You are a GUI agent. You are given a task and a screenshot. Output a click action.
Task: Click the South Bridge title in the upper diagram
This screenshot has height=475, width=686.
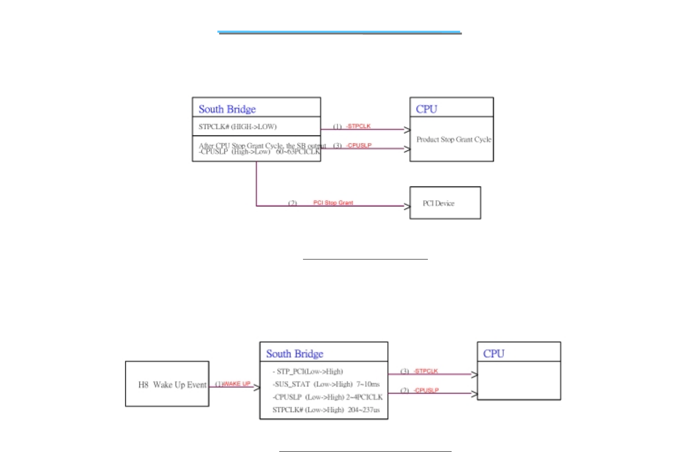click(227, 109)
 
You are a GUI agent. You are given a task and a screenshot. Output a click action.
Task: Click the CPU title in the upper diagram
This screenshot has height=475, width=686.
click(427, 109)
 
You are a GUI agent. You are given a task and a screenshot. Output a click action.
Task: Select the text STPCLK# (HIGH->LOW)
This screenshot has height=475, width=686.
click(237, 127)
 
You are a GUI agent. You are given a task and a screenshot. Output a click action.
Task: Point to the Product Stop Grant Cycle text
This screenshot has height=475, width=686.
click(453, 139)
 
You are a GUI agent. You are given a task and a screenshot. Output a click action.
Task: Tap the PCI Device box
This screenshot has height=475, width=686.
click(445, 203)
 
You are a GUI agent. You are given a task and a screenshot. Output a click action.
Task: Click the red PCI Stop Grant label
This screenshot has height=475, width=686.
click(333, 203)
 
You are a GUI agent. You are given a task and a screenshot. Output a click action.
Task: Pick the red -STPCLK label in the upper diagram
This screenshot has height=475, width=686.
click(358, 126)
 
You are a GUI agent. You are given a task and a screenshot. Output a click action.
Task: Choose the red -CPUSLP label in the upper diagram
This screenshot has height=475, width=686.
click(359, 146)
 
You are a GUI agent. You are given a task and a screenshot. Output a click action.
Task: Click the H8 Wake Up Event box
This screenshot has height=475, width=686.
click(167, 384)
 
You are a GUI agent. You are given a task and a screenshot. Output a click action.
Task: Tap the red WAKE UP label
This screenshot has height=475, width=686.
click(236, 384)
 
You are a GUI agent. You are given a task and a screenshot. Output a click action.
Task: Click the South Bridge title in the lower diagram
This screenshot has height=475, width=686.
click(294, 354)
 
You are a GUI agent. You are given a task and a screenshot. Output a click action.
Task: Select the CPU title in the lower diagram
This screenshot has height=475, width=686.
click(494, 354)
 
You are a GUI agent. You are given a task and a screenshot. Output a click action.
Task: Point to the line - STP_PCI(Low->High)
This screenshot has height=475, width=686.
click(307, 372)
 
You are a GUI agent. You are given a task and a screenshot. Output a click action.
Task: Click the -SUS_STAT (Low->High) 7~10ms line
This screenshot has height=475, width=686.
click(326, 384)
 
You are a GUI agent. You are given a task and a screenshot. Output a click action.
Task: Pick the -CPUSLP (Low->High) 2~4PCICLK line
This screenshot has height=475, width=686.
click(327, 397)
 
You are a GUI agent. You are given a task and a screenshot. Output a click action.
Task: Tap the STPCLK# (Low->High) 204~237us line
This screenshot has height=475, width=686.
click(326, 410)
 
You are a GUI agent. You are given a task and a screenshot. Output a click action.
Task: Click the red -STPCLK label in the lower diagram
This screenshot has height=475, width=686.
click(426, 371)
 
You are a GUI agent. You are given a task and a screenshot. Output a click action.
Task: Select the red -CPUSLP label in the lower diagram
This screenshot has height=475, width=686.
click(426, 391)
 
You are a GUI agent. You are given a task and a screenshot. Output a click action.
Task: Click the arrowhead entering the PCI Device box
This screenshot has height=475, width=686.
click(407, 206)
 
